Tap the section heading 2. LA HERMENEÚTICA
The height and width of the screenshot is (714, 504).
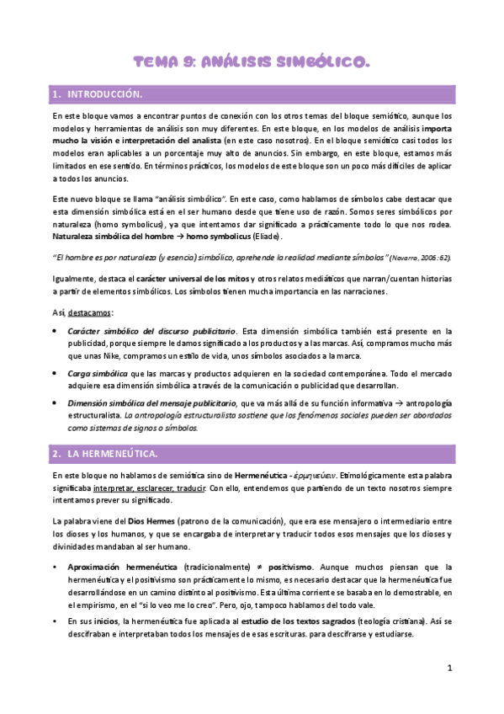pyautogui.click(x=104, y=454)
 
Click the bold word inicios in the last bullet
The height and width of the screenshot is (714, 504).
pyautogui.click(x=107, y=621)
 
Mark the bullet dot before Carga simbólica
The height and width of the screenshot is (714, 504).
pyautogui.click(x=56, y=371)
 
